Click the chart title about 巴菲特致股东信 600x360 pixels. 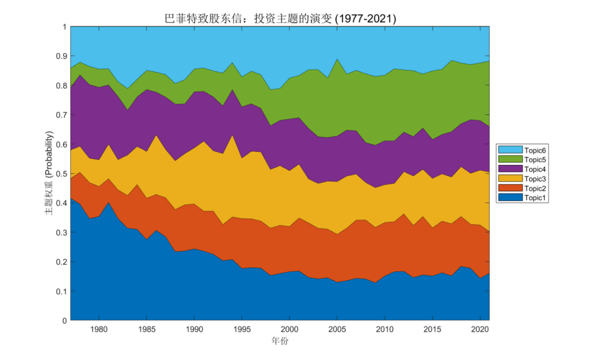coord(279,19)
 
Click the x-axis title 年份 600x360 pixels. coord(279,341)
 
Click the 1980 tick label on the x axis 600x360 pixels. coord(99,329)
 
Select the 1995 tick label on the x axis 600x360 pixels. coord(242,329)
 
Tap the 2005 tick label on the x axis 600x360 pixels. coord(337,329)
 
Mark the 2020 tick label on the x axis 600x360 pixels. coord(480,329)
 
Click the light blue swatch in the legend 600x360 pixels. coord(510,149)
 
